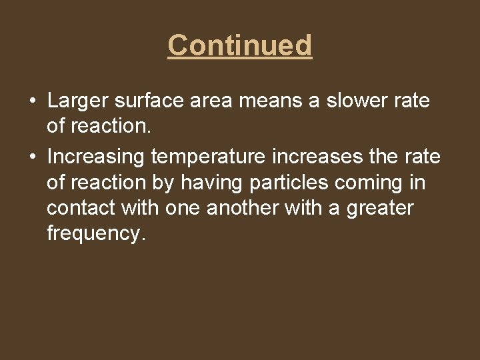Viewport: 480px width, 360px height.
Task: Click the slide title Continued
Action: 240,46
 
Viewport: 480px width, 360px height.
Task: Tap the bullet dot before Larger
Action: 32,101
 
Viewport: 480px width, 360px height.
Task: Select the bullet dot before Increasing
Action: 32,157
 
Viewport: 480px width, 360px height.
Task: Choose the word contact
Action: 81,208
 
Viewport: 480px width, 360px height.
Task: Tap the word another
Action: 243,208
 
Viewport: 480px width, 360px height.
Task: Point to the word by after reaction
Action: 164,182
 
